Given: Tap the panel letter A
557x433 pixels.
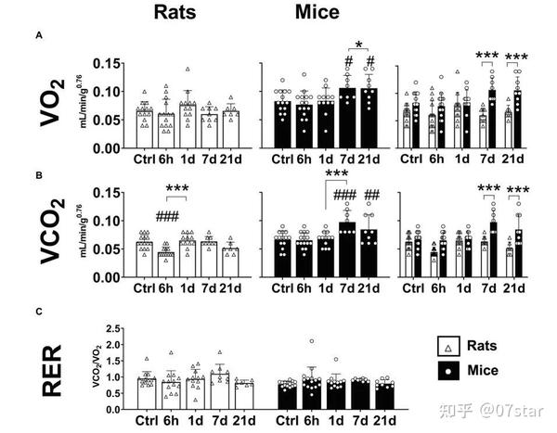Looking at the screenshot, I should click(38, 35).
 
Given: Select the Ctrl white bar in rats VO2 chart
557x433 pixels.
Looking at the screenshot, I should click(144, 129).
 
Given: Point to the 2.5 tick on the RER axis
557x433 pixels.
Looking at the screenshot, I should click(116, 329).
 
